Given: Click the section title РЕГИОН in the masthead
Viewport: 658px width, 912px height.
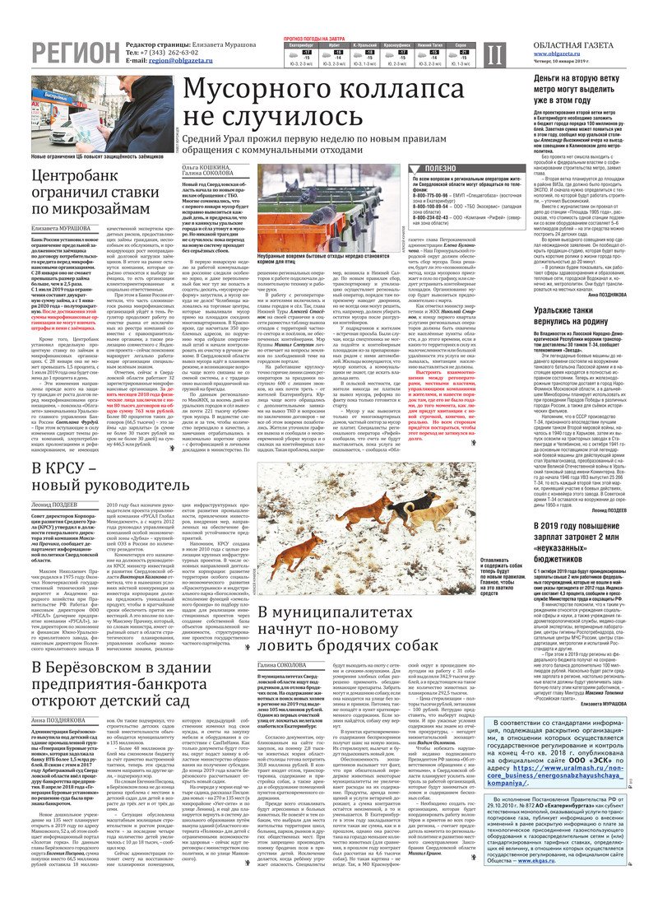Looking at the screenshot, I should [x=75, y=54].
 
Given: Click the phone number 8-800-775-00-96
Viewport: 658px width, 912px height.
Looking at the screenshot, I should [x=435, y=194].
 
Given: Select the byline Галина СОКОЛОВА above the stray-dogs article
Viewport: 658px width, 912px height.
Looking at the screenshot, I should [x=285, y=664].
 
